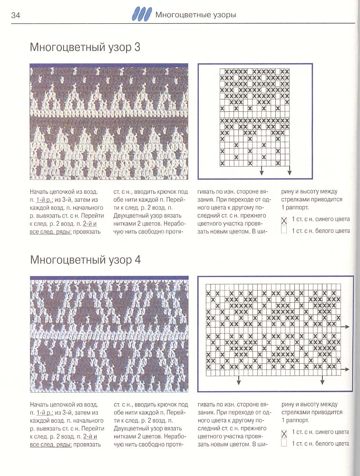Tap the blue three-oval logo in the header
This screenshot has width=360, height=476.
143,15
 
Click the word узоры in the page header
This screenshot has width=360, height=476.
222,15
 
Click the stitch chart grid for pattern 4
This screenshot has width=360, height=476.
273,330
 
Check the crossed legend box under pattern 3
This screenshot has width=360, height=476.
284,220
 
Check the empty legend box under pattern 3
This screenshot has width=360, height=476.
284,231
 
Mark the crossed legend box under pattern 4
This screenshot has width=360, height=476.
284,433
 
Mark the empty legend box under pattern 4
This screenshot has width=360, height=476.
284,444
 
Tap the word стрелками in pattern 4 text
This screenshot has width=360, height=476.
296,412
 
